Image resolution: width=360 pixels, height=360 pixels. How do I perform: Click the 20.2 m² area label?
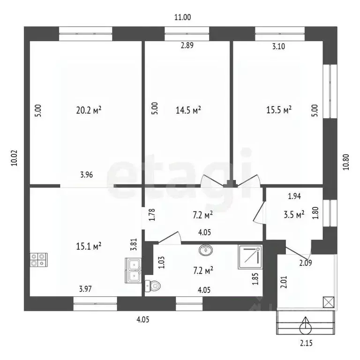89,110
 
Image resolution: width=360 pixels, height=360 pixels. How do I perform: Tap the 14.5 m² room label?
188,110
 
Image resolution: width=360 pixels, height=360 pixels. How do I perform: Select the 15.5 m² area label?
279,110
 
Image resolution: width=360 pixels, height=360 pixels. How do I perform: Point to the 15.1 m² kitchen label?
89,247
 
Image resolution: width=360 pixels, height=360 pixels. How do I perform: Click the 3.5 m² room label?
294,215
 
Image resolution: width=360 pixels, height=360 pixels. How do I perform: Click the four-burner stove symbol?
38,260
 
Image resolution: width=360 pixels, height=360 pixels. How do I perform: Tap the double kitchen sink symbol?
133,270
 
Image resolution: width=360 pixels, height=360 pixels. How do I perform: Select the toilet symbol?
153,286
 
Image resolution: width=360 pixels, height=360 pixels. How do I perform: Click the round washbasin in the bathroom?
206,249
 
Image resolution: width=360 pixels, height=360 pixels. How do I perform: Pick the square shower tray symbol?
250,257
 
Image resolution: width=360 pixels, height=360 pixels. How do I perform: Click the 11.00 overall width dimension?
182,17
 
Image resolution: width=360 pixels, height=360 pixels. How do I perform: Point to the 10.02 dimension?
14,158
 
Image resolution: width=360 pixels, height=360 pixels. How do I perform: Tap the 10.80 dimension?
346,162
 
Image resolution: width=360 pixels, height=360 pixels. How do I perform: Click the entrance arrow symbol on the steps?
306,325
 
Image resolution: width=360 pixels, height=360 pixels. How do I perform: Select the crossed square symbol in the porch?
329,302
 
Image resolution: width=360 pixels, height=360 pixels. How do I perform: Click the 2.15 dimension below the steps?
306,343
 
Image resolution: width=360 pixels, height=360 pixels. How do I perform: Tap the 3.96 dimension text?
87,175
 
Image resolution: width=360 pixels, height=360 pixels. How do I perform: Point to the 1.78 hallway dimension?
152,214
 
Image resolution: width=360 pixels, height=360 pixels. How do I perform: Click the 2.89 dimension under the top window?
187,45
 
